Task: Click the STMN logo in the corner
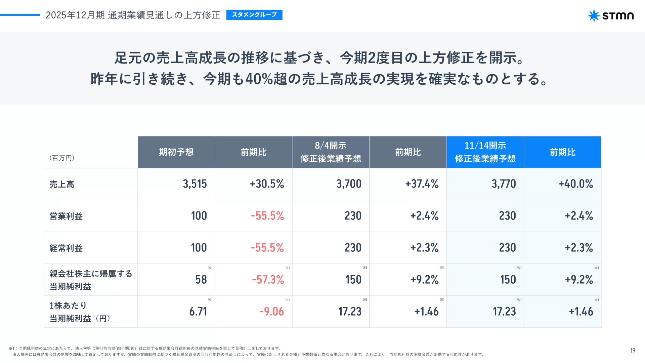click(x=611, y=15)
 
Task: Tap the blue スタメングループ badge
click(x=254, y=15)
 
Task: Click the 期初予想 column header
click(x=176, y=152)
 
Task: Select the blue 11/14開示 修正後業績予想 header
click(x=485, y=152)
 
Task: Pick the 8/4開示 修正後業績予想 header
click(x=331, y=152)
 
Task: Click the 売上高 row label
click(x=62, y=184)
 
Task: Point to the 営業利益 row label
click(x=66, y=216)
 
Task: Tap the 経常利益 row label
click(x=66, y=248)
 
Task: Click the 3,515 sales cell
click(x=195, y=184)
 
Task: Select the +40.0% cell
click(x=575, y=184)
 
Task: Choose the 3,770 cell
click(x=504, y=184)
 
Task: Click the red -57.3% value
click(x=268, y=280)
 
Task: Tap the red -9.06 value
click(x=271, y=312)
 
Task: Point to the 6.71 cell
click(x=198, y=312)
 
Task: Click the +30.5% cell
click(x=267, y=184)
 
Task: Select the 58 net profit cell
click(x=201, y=280)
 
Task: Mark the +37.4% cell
click(x=422, y=184)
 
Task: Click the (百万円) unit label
click(x=62, y=158)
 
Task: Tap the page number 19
click(x=633, y=351)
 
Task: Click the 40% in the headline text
click(x=259, y=79)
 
